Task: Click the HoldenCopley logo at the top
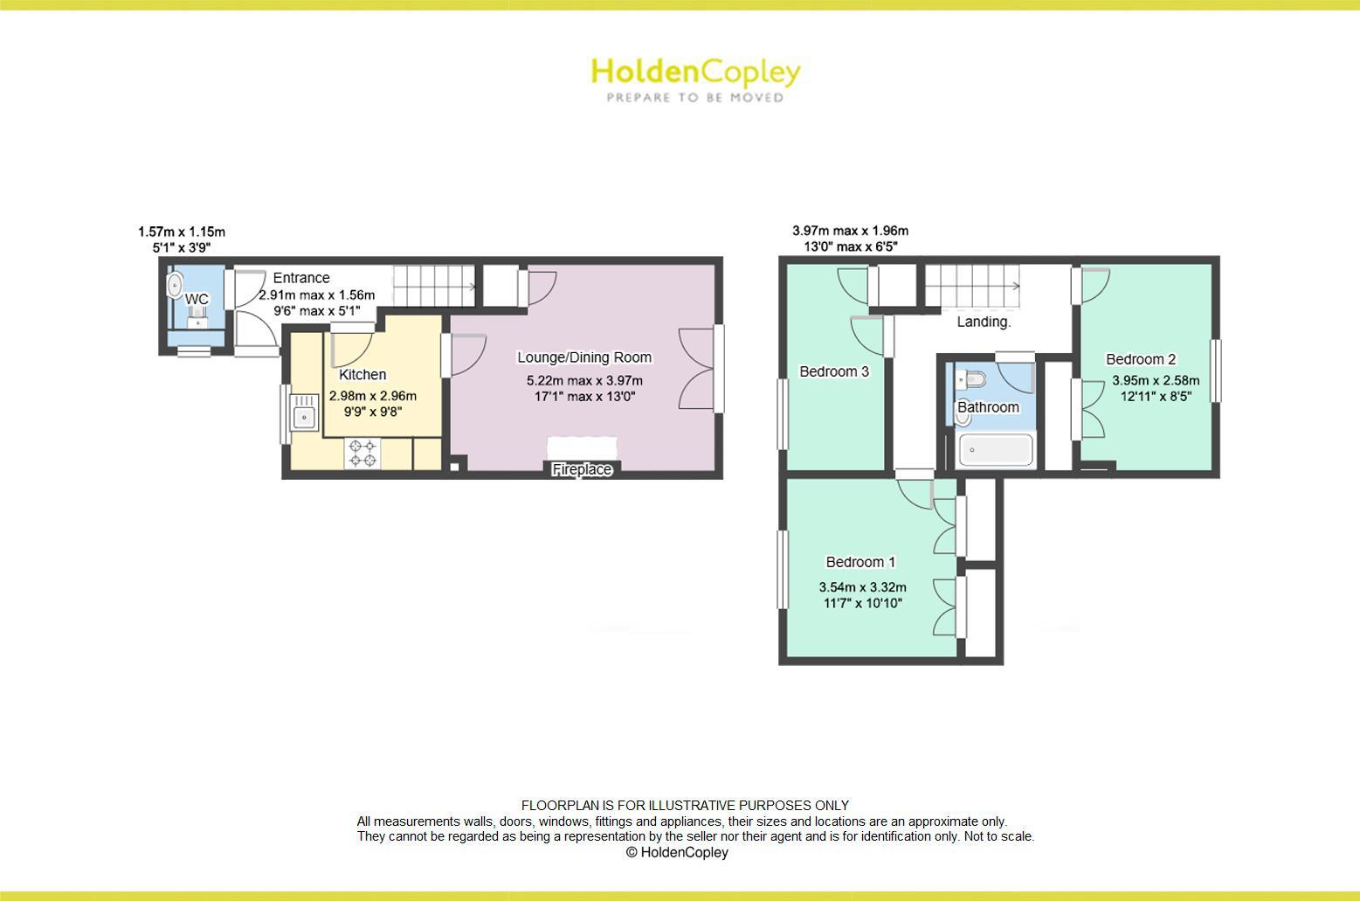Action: coord(695,72)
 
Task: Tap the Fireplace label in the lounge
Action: coord(582,470)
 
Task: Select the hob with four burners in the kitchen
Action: coord(362,453)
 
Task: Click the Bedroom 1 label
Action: coord(860,562)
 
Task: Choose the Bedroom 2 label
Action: coord(1141,359)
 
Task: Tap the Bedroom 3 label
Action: coord(834,371)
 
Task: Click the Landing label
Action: coord(984,322)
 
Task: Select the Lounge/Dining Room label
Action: coord(584,357)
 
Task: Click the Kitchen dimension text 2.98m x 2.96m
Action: coord(373,396)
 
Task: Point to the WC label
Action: coord(197,300)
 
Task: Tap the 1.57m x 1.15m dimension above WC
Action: coord(182,232)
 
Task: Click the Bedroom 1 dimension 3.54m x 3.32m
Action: coord(862,587)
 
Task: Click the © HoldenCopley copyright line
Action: coord(677,852)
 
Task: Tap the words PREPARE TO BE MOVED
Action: coord(695,98)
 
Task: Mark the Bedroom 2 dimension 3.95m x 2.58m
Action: coord(1156,381)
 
